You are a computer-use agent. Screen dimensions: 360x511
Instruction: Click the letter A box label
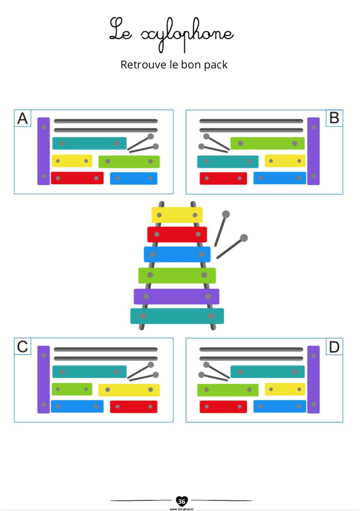(x=23, y=118)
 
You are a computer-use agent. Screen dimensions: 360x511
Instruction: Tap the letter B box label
(x=334, y=118)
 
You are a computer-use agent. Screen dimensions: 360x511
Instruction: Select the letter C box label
(x=23, y=346)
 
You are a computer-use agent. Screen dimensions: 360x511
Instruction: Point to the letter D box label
(x=334, y=347)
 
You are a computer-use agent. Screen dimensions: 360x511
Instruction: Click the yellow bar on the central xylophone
(x=177, y=215)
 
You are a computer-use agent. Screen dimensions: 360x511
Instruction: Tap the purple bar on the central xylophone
(x=176, y=296)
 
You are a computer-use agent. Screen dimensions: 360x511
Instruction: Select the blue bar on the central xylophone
(x=177, y=254)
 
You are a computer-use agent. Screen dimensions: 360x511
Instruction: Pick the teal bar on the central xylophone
(x=177, y=316)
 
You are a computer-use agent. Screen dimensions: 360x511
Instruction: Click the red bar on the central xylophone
(x=177, y=234)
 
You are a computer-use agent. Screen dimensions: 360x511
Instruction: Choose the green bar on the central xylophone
(x=177, y=275)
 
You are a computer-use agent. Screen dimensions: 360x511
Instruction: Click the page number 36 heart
(x=182, y=502)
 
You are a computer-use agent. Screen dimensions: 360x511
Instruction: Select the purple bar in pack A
(x=44, y=151)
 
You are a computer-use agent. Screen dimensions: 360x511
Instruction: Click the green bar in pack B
(x=267, y=143)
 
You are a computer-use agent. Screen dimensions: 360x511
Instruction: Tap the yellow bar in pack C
(x=129, y=390)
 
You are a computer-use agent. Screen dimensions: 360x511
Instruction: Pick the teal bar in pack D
(x=267, y=372)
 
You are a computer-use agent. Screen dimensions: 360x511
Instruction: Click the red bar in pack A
(x=77, y=178)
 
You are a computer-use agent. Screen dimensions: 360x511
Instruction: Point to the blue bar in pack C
(x=77, y=406)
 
